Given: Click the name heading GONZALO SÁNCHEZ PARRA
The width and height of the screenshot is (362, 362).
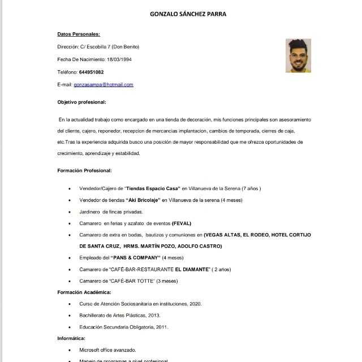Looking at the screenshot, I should (188, 14).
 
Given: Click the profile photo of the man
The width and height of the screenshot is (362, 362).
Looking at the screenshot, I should (298, 55).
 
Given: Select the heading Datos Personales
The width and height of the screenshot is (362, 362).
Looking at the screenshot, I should (79, 34).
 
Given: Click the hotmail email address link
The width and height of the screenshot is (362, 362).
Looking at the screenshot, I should (104, 84).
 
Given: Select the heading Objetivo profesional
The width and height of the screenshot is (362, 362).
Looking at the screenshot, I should (81, 102).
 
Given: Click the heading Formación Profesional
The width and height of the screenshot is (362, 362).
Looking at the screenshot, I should (84, 170).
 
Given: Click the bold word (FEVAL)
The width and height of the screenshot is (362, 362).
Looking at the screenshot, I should (183, 223).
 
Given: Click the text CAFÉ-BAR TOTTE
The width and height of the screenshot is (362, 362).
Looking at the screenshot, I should (131, 281).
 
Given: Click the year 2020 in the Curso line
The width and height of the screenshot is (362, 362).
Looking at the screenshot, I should (196, 304).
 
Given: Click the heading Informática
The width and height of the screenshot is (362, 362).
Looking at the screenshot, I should (73, 338).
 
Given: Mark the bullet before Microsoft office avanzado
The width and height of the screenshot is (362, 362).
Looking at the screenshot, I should (69, 350).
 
